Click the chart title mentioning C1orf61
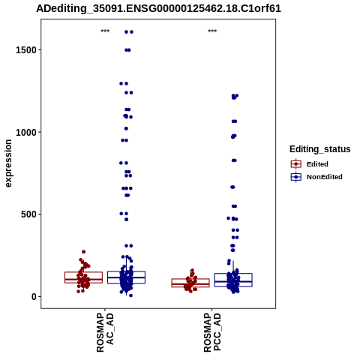click(158, 9)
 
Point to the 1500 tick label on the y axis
click(26, 50)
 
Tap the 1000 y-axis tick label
click(26, 132)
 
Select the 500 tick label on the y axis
click(28, 214)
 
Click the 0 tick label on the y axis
click(34, 297)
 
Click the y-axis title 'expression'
click(8, 163)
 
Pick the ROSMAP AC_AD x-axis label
click(105, 332)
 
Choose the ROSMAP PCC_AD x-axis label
click(212, 332)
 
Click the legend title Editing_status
click(320, 149)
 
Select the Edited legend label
click(317, 164)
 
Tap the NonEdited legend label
click(325, 177)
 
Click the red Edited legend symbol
click(296, 164)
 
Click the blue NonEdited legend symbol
click(296, 177)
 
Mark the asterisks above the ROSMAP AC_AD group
click(105, 31)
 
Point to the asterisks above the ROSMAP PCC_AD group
click(212, 31)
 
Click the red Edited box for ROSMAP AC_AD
click(83, 272)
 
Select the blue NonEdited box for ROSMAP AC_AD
click(126, 271)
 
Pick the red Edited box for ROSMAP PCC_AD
click(190, 279)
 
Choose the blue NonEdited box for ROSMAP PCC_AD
click(233, 274)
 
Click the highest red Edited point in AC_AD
click(84, 252)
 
